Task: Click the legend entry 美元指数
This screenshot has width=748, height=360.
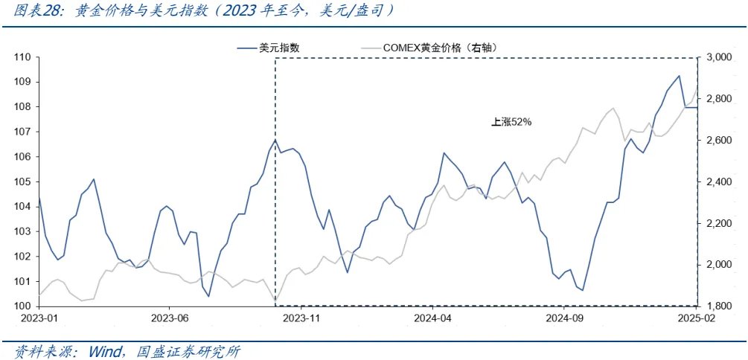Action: tap(278, 48)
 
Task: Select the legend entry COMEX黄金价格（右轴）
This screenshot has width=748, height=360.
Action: tap(440, 48)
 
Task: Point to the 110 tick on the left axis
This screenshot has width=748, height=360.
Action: tap(22, 57)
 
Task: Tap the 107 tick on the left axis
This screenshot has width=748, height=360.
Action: tap(22, 132)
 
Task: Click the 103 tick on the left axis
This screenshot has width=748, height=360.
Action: tap(22, 231)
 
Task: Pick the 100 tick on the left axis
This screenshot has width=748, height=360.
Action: tap(22, 306)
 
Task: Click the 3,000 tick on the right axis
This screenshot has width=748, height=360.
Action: tap(721, 57)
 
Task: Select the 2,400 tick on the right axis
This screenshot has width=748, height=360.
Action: tap(721, 181)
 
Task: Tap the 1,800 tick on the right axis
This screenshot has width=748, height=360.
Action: tap(721, 306)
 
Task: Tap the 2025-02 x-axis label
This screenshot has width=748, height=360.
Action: tap(696, 318)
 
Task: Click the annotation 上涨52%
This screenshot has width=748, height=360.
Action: tap(511, 122)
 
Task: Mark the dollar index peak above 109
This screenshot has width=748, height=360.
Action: tap(679, 76)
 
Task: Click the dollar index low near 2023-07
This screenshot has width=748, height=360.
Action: tap(208, 296)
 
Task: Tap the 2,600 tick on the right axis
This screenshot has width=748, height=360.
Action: tap(721, 140)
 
